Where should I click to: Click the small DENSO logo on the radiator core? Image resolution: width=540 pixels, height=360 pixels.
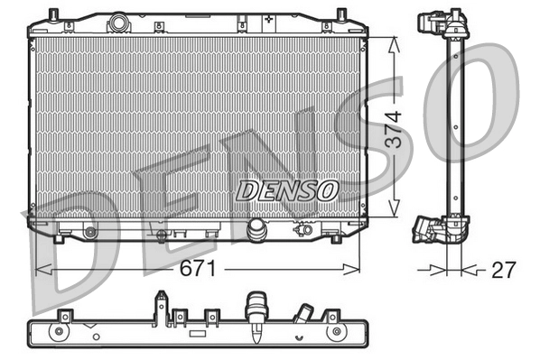pyautogui.click(x=287, y=189)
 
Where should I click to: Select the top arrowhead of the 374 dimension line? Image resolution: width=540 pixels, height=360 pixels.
pyautogui.click(x=392, y=42)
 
